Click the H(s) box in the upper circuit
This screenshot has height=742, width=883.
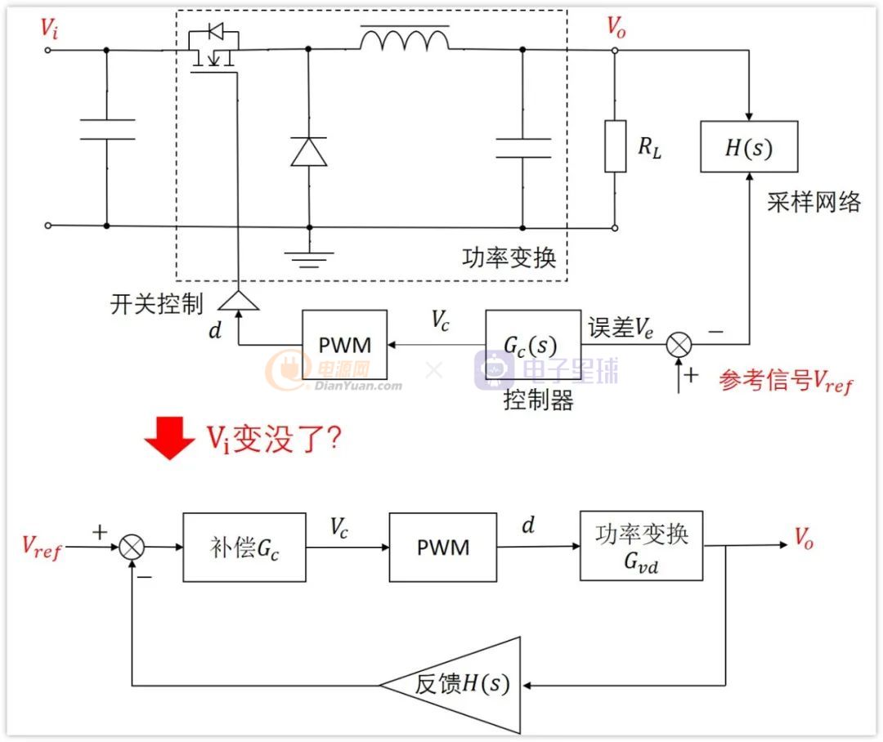(x=748, y=147)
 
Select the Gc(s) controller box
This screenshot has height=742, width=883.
(x=533, y=344)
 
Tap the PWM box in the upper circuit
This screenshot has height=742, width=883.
(x=344, y=344)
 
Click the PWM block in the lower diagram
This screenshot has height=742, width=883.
(x=443, y=547)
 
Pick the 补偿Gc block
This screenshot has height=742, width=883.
(x=244, y=547)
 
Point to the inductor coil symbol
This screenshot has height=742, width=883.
(x=405, y=39)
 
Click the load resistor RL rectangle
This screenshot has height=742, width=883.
(x=615, y=146)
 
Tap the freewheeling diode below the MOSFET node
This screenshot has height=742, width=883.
(x=308, y=152)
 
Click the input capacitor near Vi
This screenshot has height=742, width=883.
(x=107, y=129)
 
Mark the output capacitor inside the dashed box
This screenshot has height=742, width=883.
(x=522, y=148)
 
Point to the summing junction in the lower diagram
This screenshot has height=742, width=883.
(x=132, y=548)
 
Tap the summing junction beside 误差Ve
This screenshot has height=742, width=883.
(x=678, y=345)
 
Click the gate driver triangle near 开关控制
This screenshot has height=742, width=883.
(x=238, y=301)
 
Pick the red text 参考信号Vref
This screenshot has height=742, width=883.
(x=786, y=381)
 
